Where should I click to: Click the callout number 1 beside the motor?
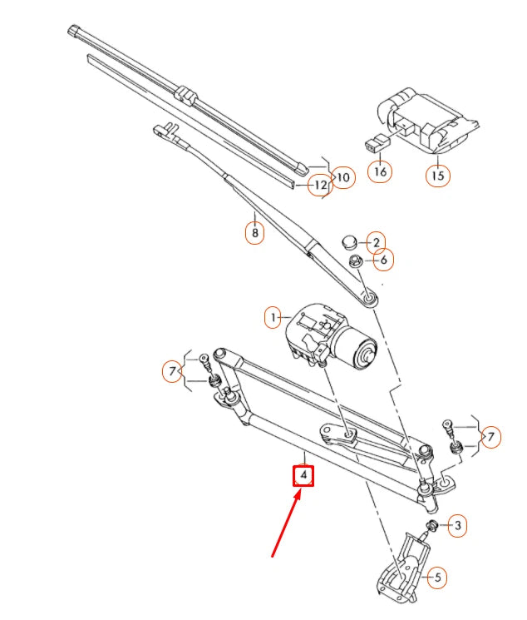click(x=272, y=317)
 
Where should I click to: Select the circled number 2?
click(x=376, y=242)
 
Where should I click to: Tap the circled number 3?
click(x=456, y=525)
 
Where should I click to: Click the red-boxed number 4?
click(x=305, y=476)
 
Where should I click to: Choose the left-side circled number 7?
click(x=172, y=371)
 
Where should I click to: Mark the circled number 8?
click(x=254, y=233)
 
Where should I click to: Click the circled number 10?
click(x=344, y=177)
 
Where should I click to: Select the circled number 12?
click(x=319, y=185)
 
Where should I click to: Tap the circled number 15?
click(x=439, y=176)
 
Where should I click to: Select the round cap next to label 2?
click(x=349, y=241)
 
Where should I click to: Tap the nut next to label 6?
click(x=355, y=262)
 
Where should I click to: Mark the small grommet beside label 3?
click(x=433, y=525)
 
